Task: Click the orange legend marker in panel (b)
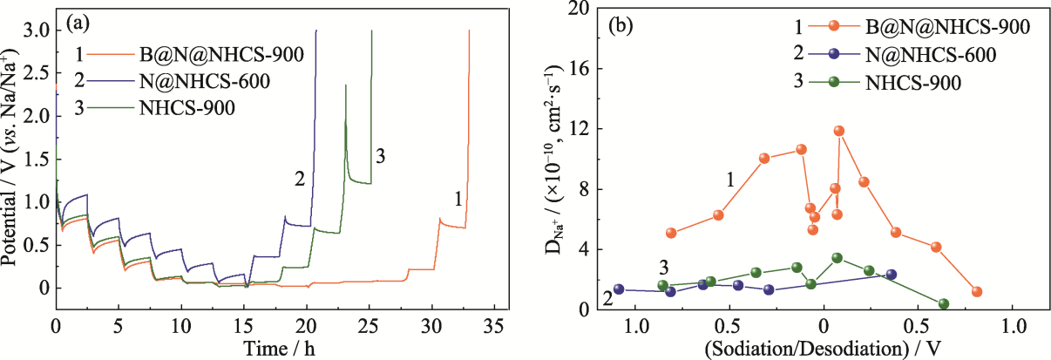pyautogui.click(x=835, y=27)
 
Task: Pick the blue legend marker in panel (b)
pyautogui.click(x=835, y=54)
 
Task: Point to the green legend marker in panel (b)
pyautogui.click(x=835, y=82)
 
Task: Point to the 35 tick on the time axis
pyautogui.click(x=494, y=328)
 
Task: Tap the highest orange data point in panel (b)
pyautogui.click(x=839, y=131)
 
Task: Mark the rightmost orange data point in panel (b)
pyautogui.click(x=977, y=292)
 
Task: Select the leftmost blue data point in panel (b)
pyautogui.click(x=619, y=289)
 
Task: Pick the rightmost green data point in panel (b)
pyautogui.click(x=944, y=304)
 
